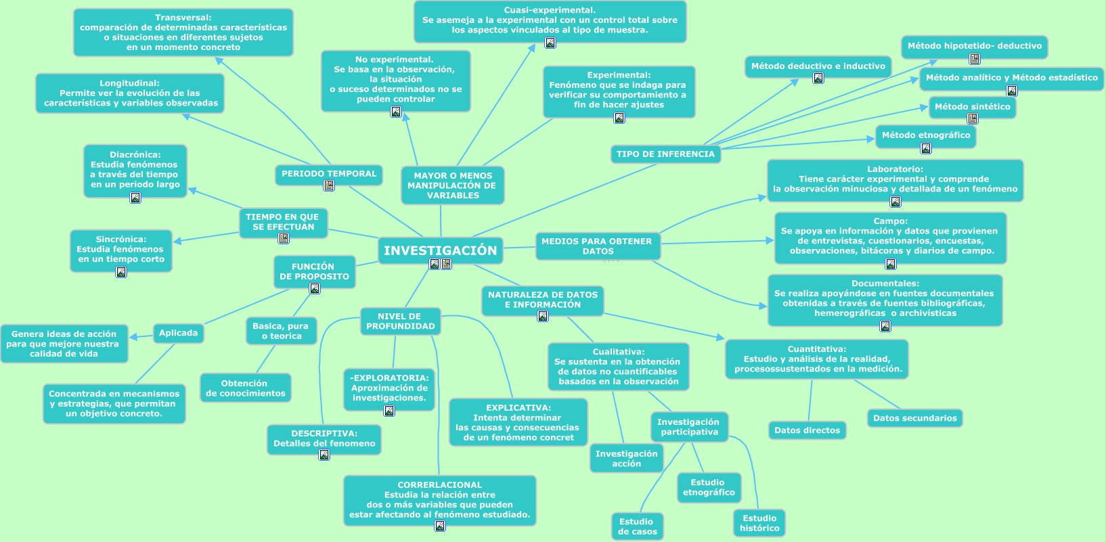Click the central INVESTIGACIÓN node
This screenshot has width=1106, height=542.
tap(440, 250)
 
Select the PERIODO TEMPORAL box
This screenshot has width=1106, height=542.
tap(329, 174)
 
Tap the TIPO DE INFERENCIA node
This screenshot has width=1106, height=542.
tap(665, 154)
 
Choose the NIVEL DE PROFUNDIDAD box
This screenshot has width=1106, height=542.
tap(400, 321)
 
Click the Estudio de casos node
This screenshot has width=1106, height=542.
tap(637, 526)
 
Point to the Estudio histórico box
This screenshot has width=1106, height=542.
tap(759, 523)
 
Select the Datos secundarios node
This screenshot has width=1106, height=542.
tap(914, 418)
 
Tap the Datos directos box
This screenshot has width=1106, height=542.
tap(807, 430)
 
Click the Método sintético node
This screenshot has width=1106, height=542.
tap(972, 107)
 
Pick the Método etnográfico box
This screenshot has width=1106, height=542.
tap(925, 135)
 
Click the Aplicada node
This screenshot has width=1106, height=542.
tap(178, 333)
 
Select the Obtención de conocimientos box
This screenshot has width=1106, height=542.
tap(245, 388)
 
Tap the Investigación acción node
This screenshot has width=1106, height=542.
tap(626, 459)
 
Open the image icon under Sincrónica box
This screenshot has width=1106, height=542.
tap(121, 272)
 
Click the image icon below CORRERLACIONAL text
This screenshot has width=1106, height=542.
tap(440, 526)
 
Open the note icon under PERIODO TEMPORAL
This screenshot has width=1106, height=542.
tap(329, 185)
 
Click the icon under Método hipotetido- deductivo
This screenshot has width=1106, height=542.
tap(975, 59)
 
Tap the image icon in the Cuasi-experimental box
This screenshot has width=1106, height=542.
tap(550, 43)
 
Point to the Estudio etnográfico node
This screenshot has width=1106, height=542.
tap(708, 487)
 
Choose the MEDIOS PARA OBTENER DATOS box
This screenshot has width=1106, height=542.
tap(597, 246)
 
